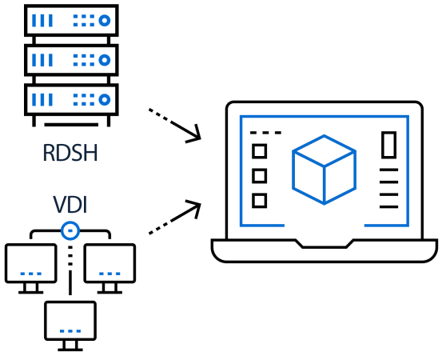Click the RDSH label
[x=70, y=153]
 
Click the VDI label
[x=70, y=204]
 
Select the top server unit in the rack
[x=71, y=20]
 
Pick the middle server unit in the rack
[x=71, y=60]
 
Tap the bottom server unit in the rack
[x=71, y=99]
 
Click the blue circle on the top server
[x=104, y=20]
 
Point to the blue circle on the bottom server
[x=104, y=99]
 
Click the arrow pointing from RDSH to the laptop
[x=175, y=125]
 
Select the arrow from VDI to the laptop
[x=175, y=217]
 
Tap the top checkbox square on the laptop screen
[x=259, y=151]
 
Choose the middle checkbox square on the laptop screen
[x=259, y=176]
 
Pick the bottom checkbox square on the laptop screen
[x=259, y=201]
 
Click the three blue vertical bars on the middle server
[x=42, y=60]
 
